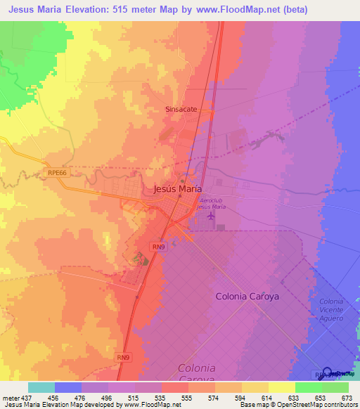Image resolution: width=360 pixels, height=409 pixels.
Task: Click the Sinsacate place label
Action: click(x=181, y=110)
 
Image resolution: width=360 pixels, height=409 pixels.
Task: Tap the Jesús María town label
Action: click(x=177, y=189)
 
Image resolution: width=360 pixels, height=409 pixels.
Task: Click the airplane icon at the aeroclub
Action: click(x=213, y=218)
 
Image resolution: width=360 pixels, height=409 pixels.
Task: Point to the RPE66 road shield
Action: click(x=58, y=171)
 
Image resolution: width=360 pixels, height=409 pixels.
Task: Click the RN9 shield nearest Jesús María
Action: click(x=159, y=247)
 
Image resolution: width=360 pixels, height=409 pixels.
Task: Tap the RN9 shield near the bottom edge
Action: click(x=123, y=358)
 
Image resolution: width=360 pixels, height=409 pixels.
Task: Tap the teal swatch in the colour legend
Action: click(x=41, y=387)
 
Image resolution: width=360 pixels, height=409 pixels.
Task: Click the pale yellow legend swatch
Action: click(x=281, y=387)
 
